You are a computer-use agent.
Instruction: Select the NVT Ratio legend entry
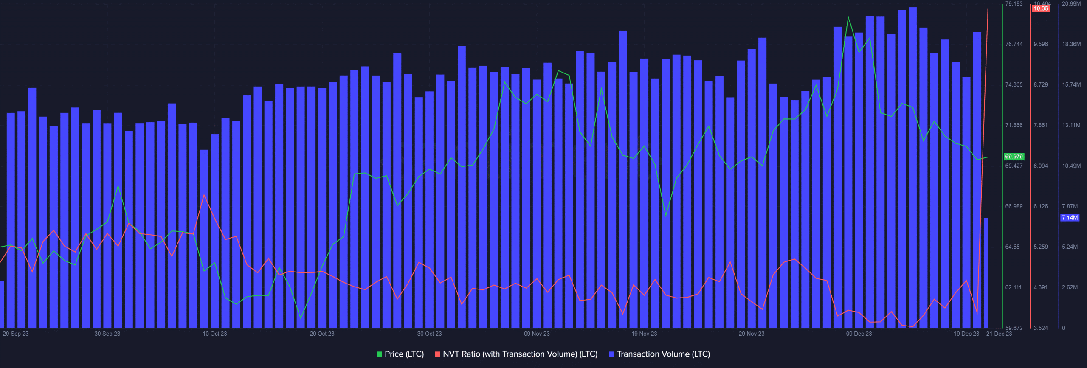pyautogui.click(x=516, y=354)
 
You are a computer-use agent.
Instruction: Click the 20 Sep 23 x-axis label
pyautogui.click(x=16, y=334)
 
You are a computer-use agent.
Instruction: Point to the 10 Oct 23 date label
pyautogui.click(x=214, y=334)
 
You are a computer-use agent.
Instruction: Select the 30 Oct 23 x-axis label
pyautogui.click(x=429, y=334)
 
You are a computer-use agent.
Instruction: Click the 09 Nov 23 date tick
pyautogui.click(x=537, y=334)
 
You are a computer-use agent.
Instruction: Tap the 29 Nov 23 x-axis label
pyautogui.click(x=751, y=334)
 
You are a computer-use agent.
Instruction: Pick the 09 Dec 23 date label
pyautogui.click(x=859, y=334)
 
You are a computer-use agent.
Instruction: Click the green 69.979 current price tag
pyautogui.click(x=1014, y=157)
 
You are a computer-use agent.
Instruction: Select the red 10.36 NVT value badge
pyautogui.click(x=1040, y=8)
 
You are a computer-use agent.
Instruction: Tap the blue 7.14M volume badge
pyautogui.click(x=1070, y=218)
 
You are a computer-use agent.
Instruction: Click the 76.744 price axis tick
pyautogui.click(x=1014, y=44)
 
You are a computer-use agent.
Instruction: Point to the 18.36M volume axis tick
pyautogui.click(x=1071, y=44)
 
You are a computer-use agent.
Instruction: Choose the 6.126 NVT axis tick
pyautogui.click(x=1040, y=206)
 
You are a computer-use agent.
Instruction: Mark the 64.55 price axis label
pyautogui.click(x=1012, y=247)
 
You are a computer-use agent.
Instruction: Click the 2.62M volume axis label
pyautogui.click(x=1070, y=287)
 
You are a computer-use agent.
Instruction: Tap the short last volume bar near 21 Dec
pyautogui.click(x=986, y=272)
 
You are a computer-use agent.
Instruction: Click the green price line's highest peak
pyautogui.click(x=848, y=17)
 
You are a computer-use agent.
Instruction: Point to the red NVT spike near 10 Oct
pyautogui.click(x=204, y=195)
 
